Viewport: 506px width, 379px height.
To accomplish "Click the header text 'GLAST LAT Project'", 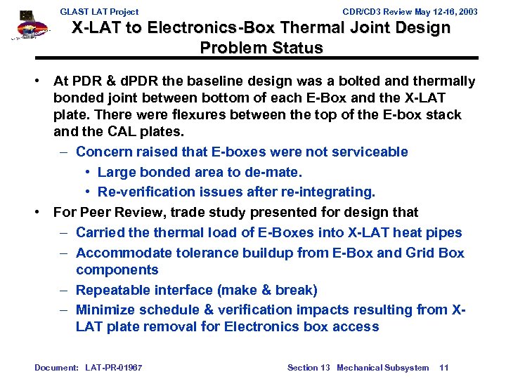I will [x=99, y=12].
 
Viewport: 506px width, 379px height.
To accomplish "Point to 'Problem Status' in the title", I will [x=261, y=48].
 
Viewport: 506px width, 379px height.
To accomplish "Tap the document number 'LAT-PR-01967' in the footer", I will [x=113, y=367].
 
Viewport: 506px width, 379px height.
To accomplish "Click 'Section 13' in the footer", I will [x=309, y=367].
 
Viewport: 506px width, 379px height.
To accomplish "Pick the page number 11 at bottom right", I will [x=443, y=367].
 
